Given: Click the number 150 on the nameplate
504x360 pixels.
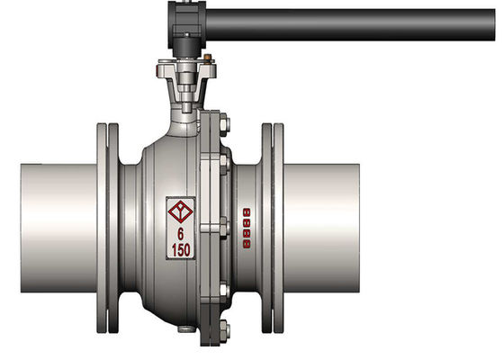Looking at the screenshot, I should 182,249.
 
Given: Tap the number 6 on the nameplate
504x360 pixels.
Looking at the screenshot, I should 182,232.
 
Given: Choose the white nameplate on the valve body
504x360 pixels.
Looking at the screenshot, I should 181,228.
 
